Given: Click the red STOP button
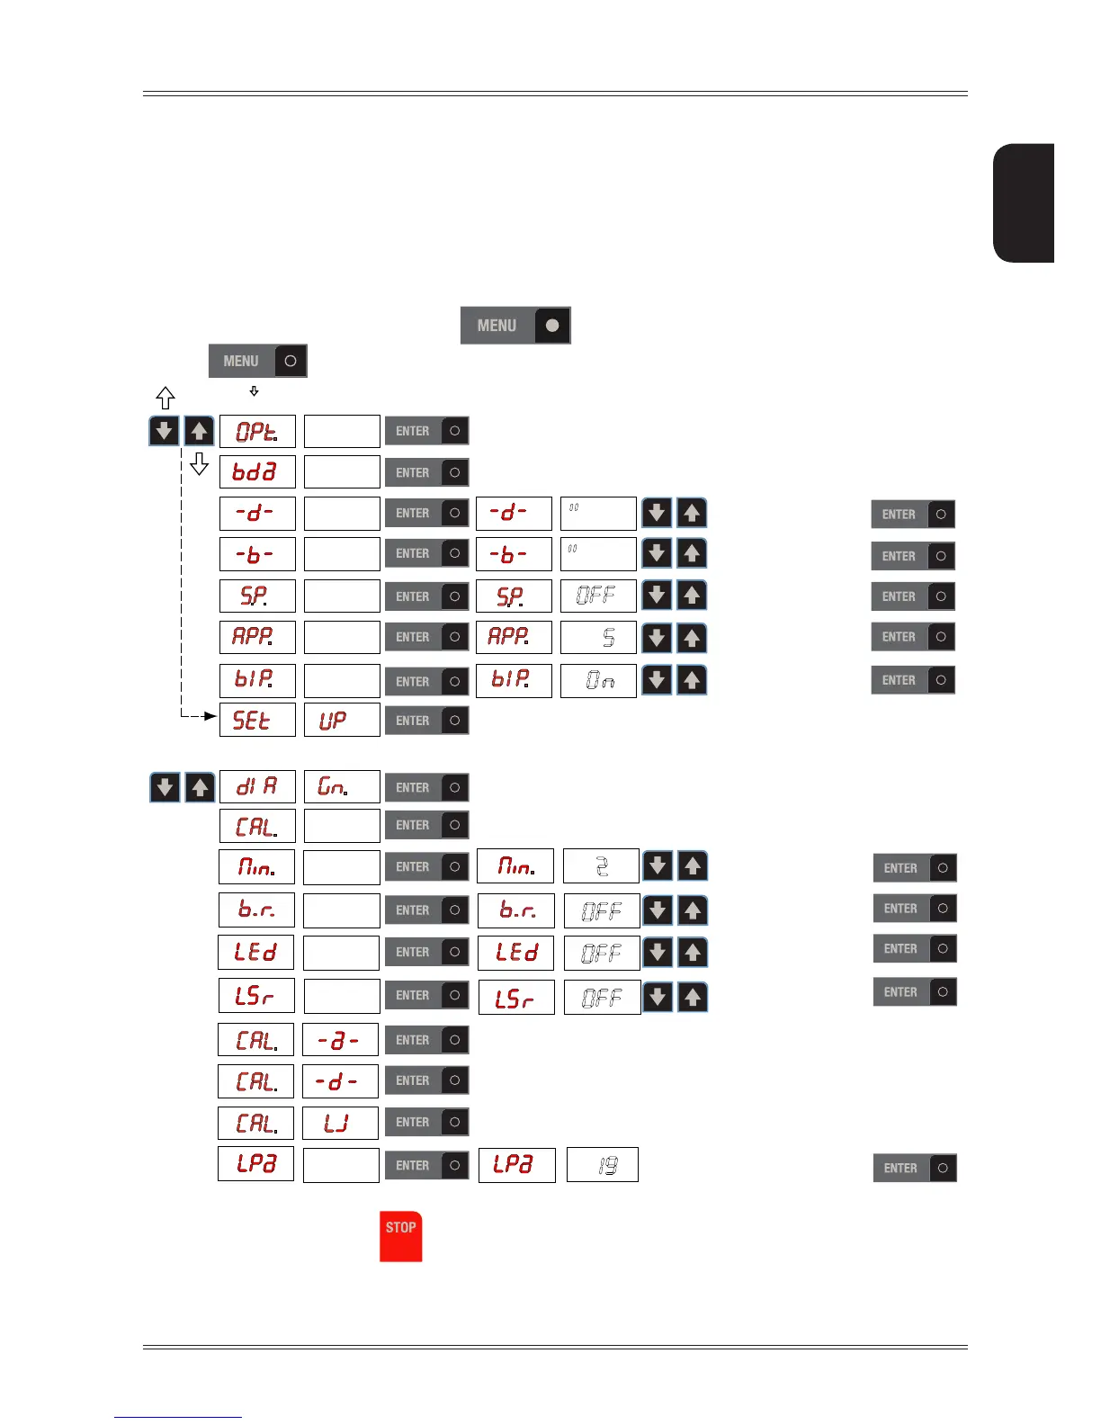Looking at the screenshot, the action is point(400,1236).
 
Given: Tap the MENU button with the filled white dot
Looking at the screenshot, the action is point(515,326).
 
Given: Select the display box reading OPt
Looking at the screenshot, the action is point(257,432).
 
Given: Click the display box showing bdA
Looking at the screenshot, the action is point(257,472).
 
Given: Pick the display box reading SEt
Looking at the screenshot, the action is point(257,720).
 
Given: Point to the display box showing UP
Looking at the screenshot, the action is point(342,720).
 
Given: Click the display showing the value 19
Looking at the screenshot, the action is point(603,1165).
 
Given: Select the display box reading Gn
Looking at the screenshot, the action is point(342,787).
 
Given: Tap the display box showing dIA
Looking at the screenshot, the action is point(257,787).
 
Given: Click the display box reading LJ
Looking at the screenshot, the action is point(340,1123).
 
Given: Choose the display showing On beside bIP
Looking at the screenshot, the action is point(598,680).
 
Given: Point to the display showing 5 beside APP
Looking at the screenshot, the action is point(598,638).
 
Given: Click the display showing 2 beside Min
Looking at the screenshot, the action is point(601,866).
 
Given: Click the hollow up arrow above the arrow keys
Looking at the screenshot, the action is point(166,398).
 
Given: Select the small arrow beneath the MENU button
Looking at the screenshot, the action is point(255,391).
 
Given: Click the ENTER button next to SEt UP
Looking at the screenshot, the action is point(426,721).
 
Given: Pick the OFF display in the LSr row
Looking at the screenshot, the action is point(602,997).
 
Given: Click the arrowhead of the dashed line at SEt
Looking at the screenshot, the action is point(211,716).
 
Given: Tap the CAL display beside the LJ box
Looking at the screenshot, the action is point(255,1123).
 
